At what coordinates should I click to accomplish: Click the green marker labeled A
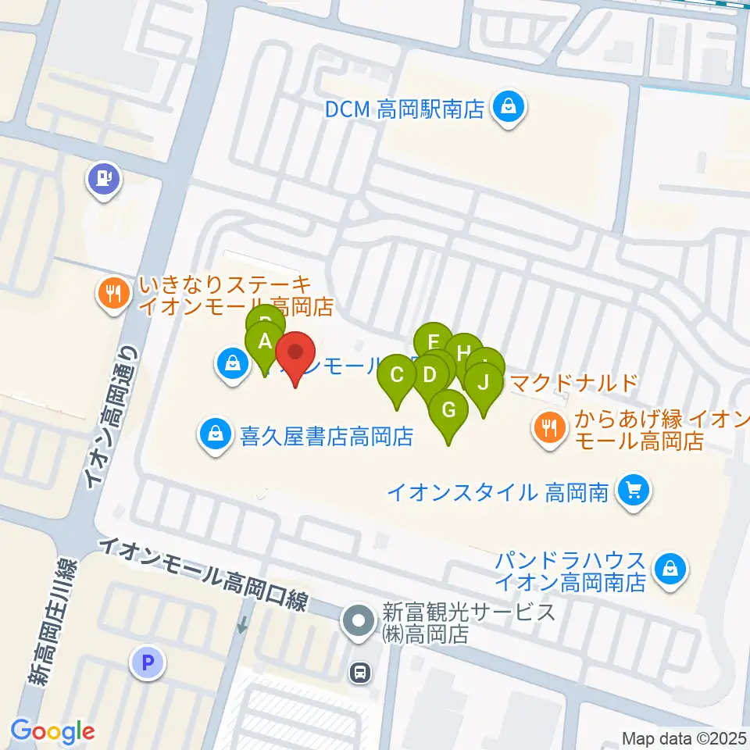[x=264, y=341]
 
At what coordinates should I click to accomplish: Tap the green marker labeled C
[x=397, y=375]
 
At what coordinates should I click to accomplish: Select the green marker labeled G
[x=448, y=409]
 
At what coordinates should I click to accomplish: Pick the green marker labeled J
[x=484, y=383]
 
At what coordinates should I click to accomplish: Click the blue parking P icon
[x=148, y=663]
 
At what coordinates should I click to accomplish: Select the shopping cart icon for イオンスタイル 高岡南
[x=633, y=491]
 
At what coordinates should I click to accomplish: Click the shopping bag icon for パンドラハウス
[x=670, y=570]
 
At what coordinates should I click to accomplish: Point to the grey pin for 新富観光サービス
[x=359, y=623]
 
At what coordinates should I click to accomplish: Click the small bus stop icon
[x=360, y=671]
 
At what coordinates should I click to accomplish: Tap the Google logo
[x=52, y=730]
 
